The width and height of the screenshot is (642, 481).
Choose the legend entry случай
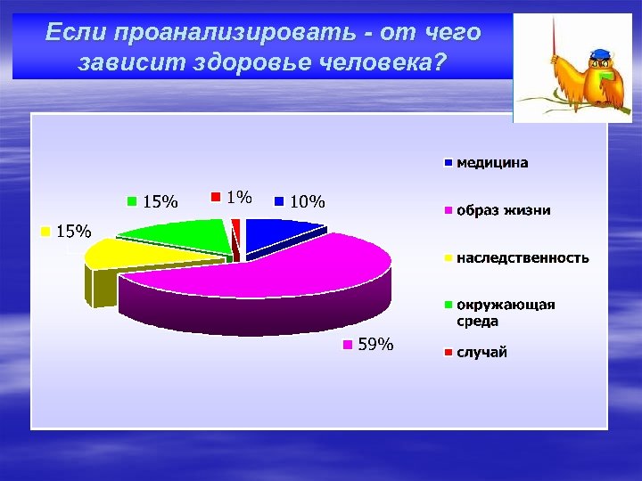(x=481, y=353)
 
